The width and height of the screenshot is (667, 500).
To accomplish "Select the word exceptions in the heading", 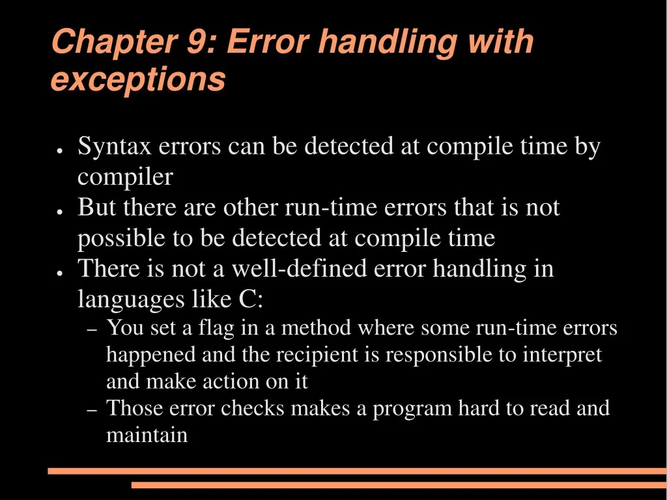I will tap(138, 79).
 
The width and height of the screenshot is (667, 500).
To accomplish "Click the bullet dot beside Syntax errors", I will tap(59, 150).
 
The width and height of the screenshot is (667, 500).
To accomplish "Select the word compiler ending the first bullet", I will tap(125, 177).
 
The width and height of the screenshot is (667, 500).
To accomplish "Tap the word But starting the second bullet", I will tap(97, 208).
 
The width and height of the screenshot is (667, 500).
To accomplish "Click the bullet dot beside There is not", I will tap(59, 272).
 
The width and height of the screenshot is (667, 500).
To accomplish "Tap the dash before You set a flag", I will tap(92, 331).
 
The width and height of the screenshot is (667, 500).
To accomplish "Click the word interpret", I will tap(563, 355).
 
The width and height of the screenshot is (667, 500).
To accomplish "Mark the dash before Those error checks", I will tap(92, 411).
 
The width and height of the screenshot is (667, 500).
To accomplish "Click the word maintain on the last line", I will tap(147, 434).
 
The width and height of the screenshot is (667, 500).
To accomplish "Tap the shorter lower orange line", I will tap(399, 485).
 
